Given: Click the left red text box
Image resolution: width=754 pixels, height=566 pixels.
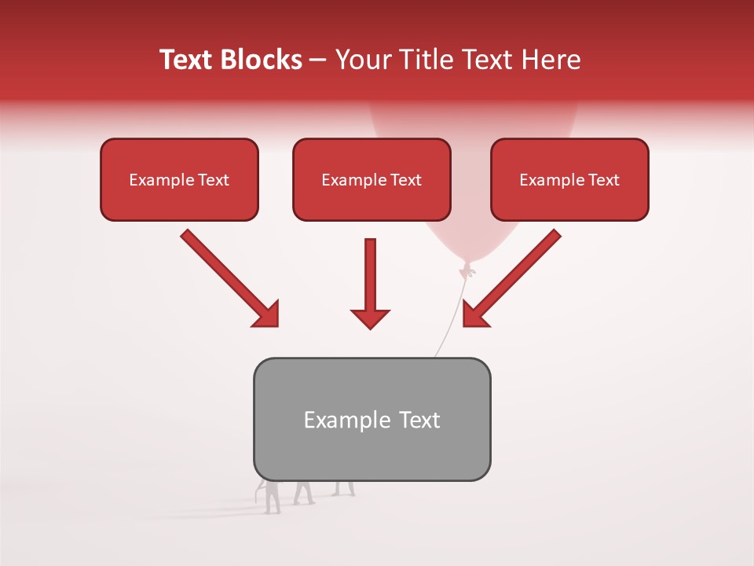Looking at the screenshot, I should [179, 179].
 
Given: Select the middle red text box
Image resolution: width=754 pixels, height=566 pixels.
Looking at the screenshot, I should [372, 179].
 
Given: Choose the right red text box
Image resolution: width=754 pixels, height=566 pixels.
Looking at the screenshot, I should [569, 179].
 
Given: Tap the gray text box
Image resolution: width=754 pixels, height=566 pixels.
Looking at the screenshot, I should [372, 419].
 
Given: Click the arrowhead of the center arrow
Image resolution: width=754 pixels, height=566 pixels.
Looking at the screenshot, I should [370, 318].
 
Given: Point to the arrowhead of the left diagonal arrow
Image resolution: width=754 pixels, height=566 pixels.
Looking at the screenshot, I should [267, 314].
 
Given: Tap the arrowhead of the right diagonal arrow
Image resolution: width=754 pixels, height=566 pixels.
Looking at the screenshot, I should [474, 314].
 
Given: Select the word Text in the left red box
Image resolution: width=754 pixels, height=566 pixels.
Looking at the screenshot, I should [213, 180].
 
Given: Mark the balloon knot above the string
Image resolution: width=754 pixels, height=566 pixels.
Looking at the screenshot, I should [467, 270].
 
